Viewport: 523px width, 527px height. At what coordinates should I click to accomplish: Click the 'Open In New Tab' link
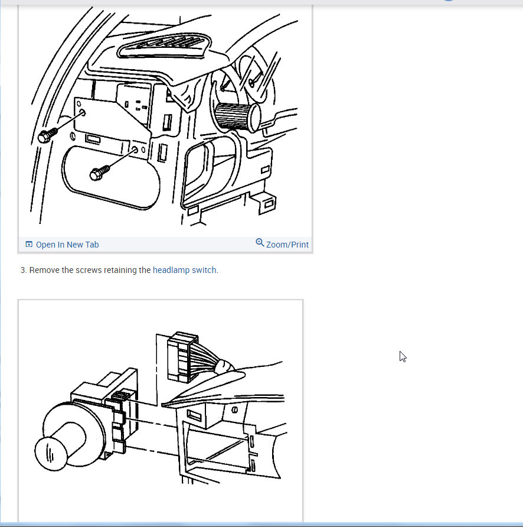(67, 245)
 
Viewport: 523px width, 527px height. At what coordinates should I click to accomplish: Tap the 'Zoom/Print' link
(287, 245)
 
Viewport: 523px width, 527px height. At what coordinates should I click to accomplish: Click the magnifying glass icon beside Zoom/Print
(260, 242)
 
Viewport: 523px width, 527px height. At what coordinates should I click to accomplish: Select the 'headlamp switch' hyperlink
(184, 270)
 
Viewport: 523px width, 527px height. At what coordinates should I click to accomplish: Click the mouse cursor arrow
(403, 357)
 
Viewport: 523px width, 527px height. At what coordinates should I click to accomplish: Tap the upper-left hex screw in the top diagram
(47, 135)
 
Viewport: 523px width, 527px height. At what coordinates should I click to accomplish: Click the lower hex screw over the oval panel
(99, 173)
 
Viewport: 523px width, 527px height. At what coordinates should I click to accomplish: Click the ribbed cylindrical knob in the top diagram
(237, 116)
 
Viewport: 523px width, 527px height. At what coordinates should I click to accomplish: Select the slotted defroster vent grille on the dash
(165, 46)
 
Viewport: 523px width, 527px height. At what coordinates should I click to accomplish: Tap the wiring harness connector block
(182, 357)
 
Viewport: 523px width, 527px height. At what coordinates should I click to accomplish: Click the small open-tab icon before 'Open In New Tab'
(29, 245)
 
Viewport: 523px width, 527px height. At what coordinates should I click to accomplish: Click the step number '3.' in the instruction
(23, 270)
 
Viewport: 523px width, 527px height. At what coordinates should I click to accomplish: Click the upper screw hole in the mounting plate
(82, 113)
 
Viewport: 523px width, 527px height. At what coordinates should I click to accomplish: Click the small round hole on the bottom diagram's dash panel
(234, 409)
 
